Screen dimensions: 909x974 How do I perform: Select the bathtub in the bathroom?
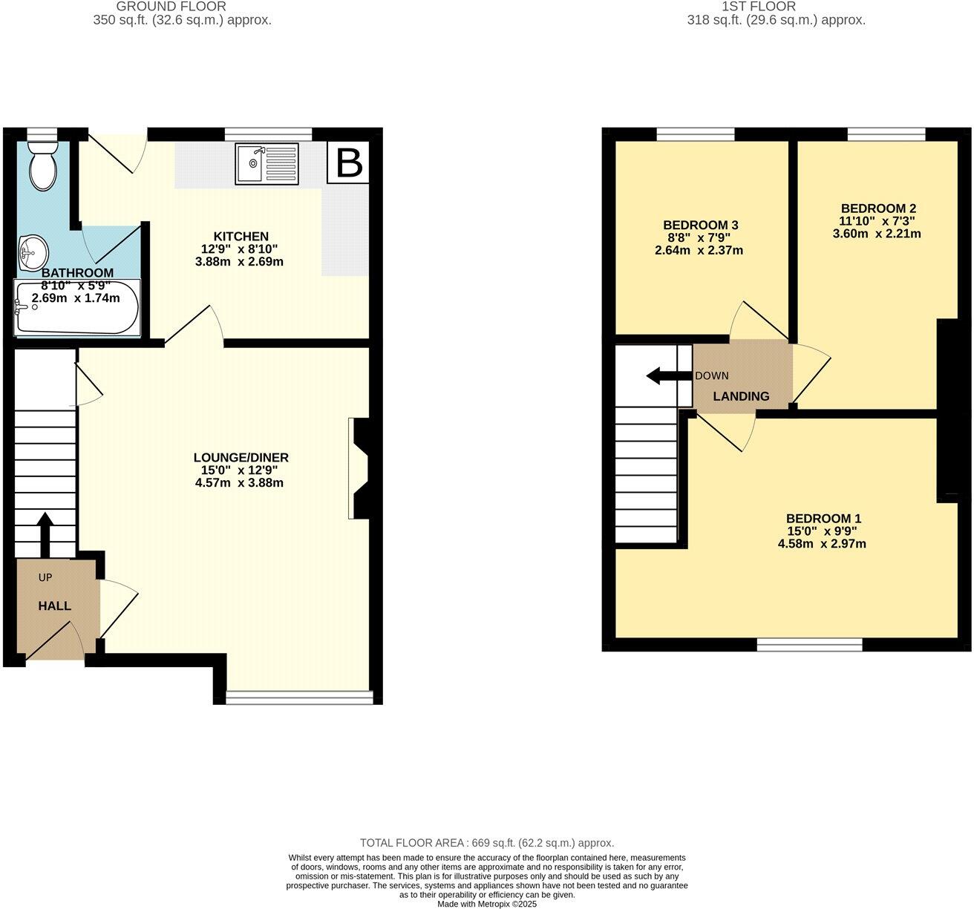coord(76,307)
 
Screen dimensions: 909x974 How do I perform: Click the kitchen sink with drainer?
coord(267,164)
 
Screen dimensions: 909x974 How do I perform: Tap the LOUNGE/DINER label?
coord(241,458)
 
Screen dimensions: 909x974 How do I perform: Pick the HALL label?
coord(55,606)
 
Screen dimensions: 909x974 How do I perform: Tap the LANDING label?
coord(741,396)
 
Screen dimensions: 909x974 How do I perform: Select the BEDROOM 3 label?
coord(700,225)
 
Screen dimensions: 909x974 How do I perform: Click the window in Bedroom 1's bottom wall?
coord(809,645)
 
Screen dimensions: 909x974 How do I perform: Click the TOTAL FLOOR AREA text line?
coord(486,843)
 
